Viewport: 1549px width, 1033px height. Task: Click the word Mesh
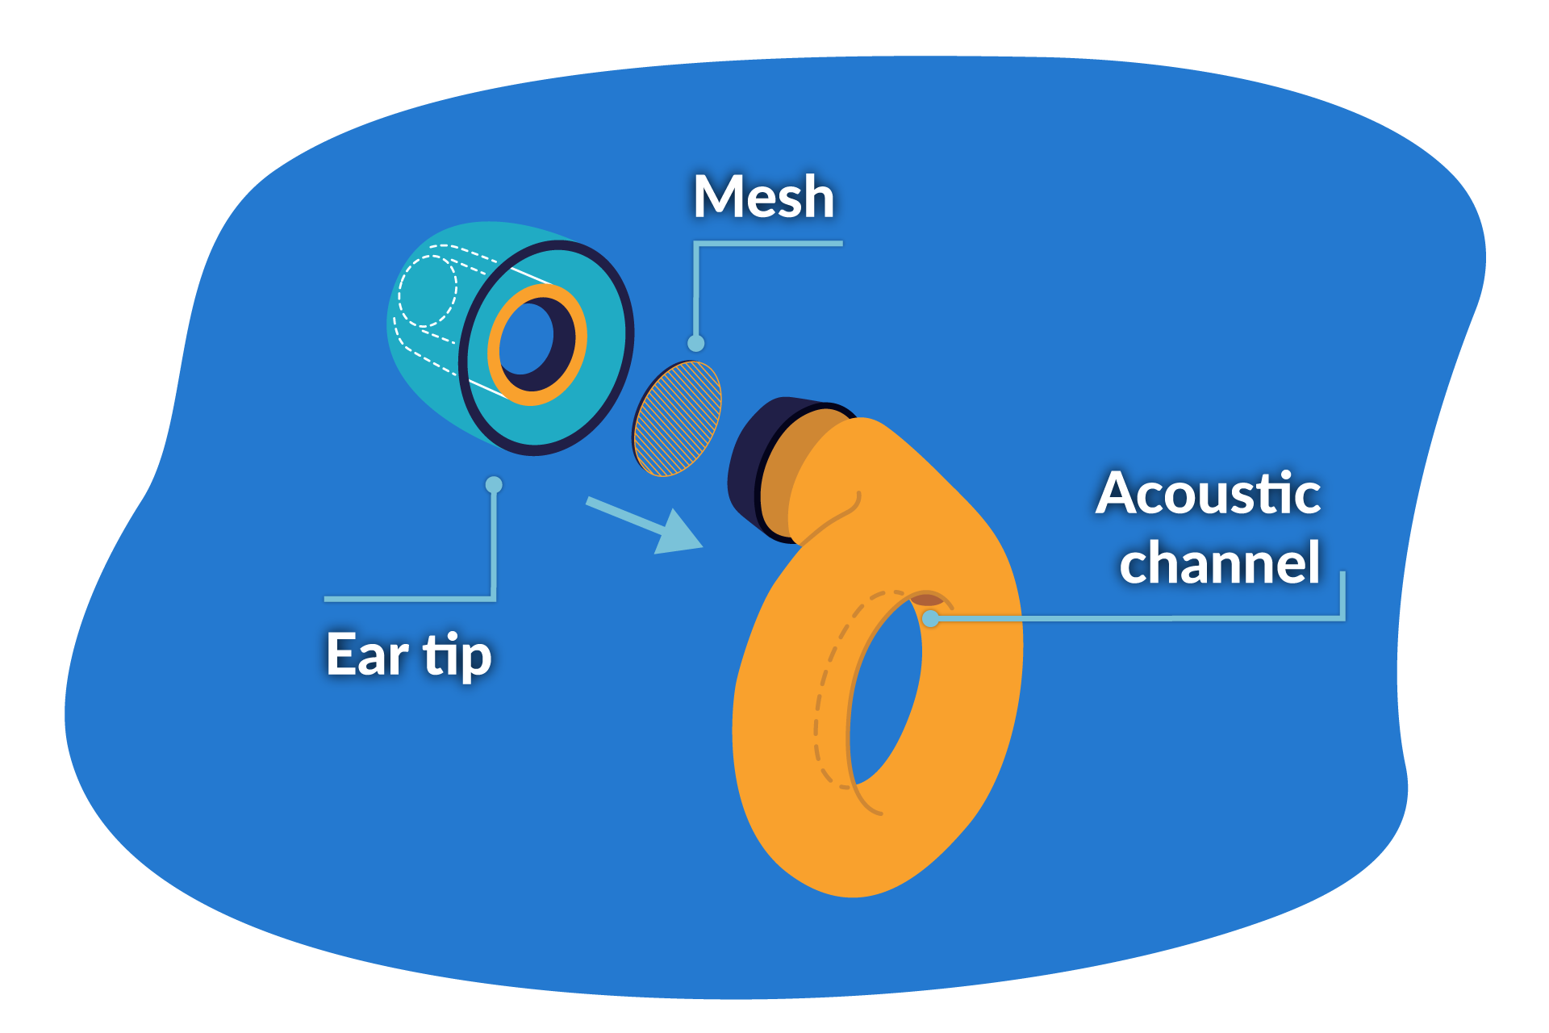click(x=763, y=197)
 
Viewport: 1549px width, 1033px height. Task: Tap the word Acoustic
click(x=1208, y=493)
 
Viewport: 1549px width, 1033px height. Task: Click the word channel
click(x=1219, y=563)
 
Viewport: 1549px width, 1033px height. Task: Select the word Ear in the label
click(x=366, y=655)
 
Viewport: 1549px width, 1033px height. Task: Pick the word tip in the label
click(x=457, y=655)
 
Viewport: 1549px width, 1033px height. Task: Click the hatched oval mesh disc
click(x=677, y=418)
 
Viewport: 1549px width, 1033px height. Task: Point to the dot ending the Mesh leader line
click(x=696, y=344)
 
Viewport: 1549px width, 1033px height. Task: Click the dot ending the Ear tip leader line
click(x=494, y=485)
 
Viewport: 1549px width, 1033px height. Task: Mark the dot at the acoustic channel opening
click(x=931, y=619)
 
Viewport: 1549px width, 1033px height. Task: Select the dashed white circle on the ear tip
click(x=428, y=291)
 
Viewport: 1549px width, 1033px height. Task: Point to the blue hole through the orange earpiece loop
click(x=883, y=694)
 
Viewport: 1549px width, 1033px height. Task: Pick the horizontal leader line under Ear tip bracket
click(x=407, y=599)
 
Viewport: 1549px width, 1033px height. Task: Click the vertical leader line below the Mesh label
click(x=695, y=291)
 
